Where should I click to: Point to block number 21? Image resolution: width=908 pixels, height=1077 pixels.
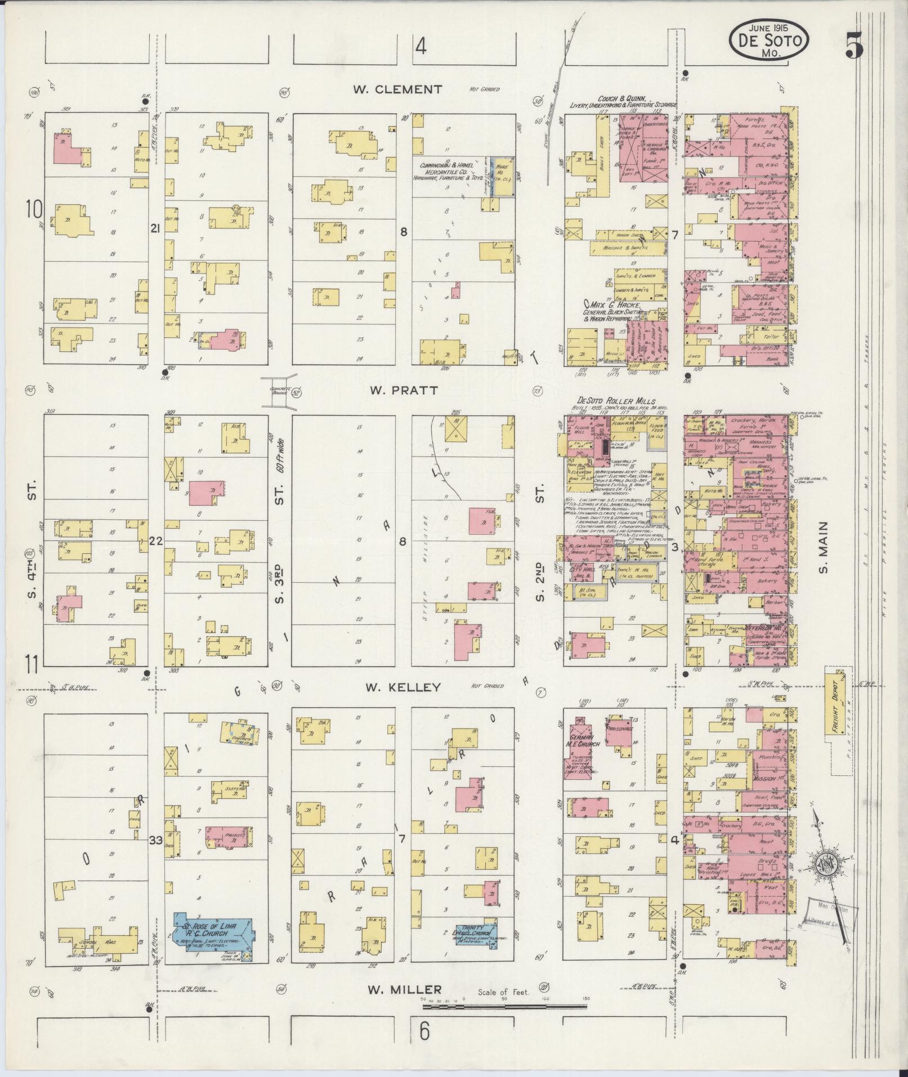pos(155,229)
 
